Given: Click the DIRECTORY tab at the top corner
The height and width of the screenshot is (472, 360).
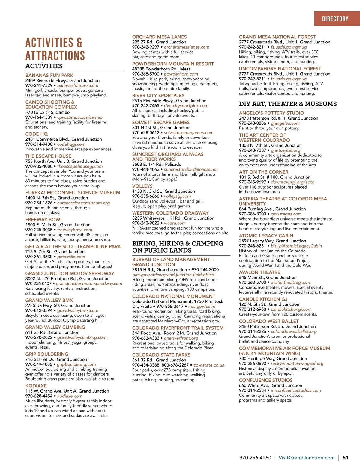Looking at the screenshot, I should pyautogui.click(x=335, y=19).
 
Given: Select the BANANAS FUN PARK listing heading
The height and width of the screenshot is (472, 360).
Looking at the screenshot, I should pyautogui.click(x=49, y=75).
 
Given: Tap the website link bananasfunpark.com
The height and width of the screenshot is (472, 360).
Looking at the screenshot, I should pyautogui.click(x=78, y=85).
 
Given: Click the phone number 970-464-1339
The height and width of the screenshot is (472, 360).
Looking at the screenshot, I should pyautogui.click(x=39, y=117).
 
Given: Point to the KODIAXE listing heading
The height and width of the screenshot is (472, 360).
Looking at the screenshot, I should pyautogui.click(x=36, y=386).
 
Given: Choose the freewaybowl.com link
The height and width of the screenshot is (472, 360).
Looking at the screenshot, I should pyautogui.click(x=75, y=230).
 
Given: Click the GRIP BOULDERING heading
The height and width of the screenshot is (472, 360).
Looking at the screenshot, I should pyautogui.click(x=47, y=354).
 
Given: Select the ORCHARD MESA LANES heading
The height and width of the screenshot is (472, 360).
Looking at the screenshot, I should pyautogui.click(x=159, y=37).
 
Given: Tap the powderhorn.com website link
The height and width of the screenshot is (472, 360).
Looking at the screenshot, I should pyautogui.click(x=181, y=74).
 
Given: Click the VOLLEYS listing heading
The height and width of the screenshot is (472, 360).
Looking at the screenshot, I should pyautogui.click(x=142, y=186).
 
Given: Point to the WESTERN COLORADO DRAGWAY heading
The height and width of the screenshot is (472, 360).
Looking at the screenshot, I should pyautogui.click(x=170, y=213).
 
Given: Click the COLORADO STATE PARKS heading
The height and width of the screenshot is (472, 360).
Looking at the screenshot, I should pyautogui.click(x=161, y=355).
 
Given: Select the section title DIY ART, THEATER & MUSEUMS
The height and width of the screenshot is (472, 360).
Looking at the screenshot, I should pyautogui.click(x=288, y=104).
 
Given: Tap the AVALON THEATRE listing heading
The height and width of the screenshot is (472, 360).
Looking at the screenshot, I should pyautogui.click(x=259, y=272).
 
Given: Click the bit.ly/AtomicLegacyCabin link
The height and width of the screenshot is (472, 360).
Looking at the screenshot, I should pyautogui.click(x=296, y=246).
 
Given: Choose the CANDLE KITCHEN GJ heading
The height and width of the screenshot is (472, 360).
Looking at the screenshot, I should pyautogui.click(x=263, y=299).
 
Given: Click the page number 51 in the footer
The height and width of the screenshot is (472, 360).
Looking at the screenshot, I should pyautogui.click(x=346, y=458).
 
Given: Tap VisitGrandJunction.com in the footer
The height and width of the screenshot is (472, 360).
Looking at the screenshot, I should pyautogui.click(x=307, y=458).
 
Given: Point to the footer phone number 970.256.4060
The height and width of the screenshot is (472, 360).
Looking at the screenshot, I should pyautogui.click(x=255, y=458).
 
